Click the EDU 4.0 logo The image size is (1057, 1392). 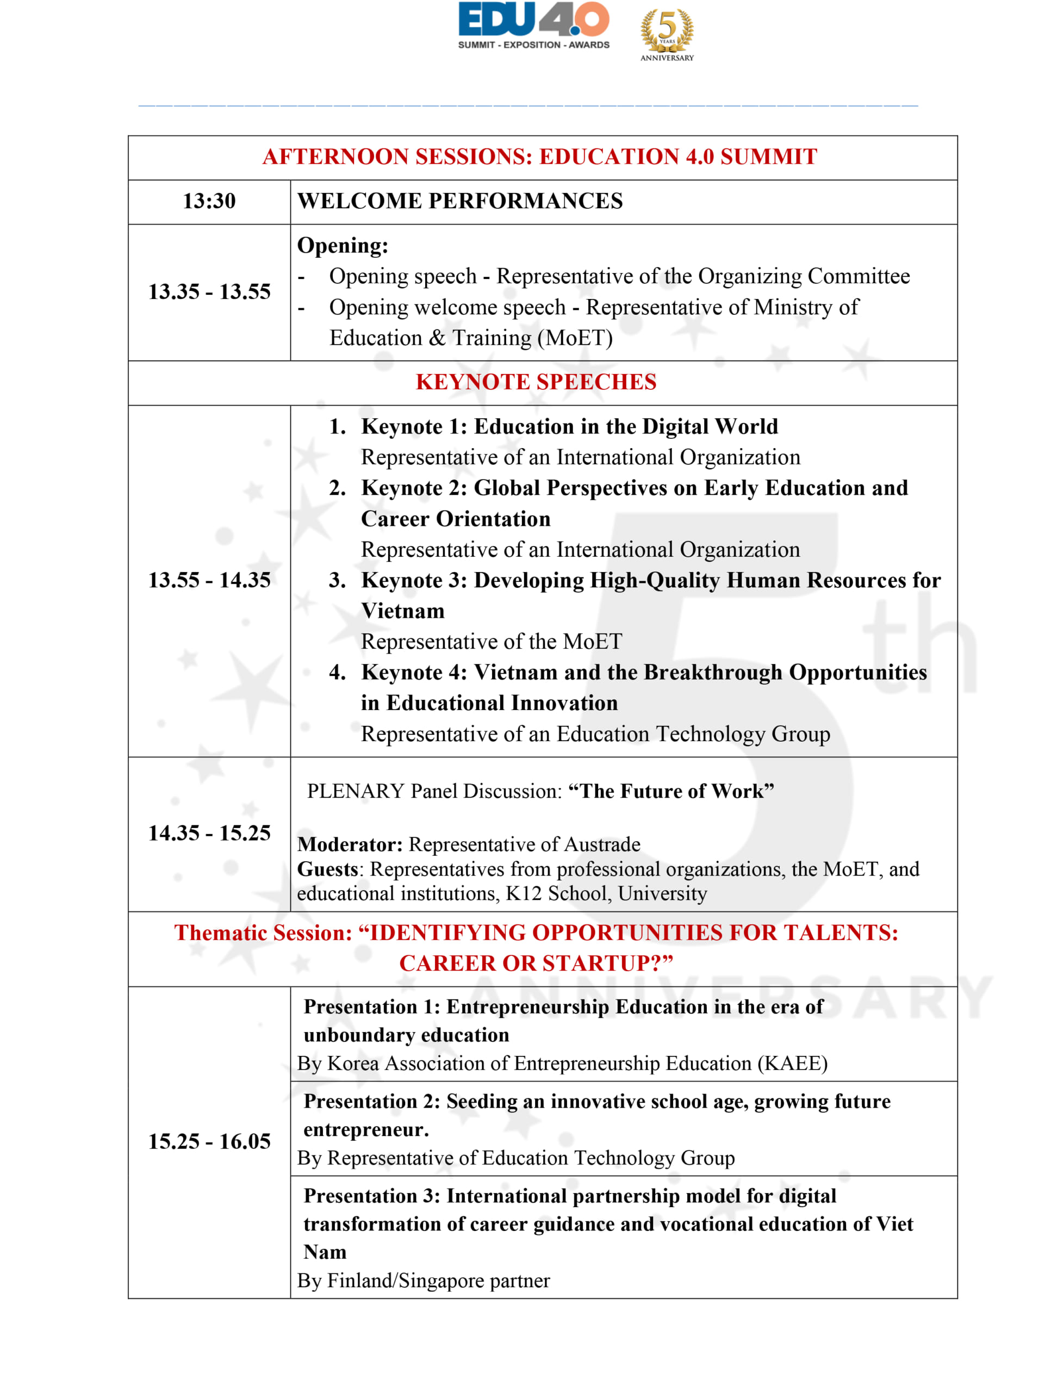(533, 25)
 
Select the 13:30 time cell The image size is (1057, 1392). (209, 201)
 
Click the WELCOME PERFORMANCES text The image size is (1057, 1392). (460, 201)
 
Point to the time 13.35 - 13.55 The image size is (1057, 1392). (209, 292)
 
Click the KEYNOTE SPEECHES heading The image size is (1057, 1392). (536, 382)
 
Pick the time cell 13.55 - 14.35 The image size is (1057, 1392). (209, 580)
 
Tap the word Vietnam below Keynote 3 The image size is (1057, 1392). (403, 611)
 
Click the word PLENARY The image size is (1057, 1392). (356, 791)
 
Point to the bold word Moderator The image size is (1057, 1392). (350, 844)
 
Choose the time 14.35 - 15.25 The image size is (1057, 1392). (209, 833)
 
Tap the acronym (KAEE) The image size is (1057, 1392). (792, 1064)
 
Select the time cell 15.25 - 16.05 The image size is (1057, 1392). (209, 1141)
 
